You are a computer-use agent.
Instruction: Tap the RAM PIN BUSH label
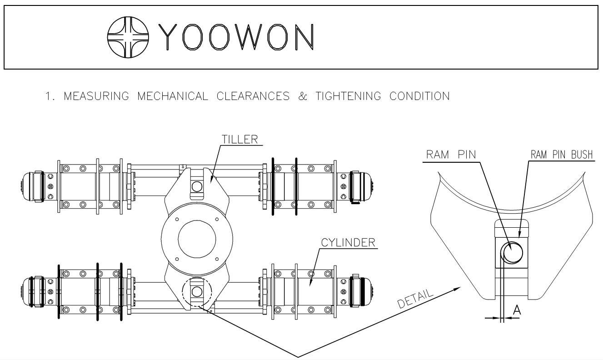[x=563, y=155]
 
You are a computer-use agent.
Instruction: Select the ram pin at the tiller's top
[x=197, y=186]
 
